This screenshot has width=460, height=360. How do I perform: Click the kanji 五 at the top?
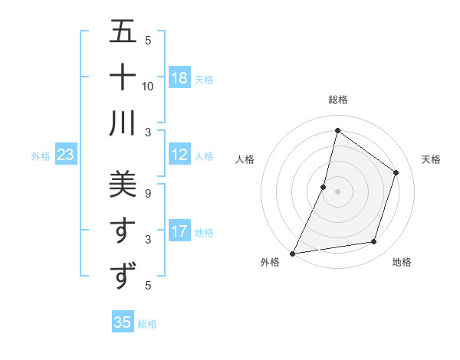pyautogui.click(x=123, y=32)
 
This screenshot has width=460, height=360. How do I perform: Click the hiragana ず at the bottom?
pyautogui.click(x=123, y=275)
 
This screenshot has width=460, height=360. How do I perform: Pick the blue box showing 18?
pyautogui.click(x=179, y=78)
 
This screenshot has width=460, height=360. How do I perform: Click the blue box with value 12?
pyautogui.click(x=179, y=155)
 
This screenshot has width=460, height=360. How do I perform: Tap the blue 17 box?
pyautogui.click(x=179, y=231)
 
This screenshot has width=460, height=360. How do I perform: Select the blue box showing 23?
pyautogui.click(x=66, y=155)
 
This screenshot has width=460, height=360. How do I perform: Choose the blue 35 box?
pyautogui.click(x=123, y=322)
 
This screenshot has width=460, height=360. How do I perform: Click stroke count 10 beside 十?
pyautogui.click(x=148, y=86)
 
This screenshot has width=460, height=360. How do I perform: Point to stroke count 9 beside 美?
pyautogui.click(x=147, y=193)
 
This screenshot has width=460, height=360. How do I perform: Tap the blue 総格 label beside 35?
pyautogui.click(x=147, y=324)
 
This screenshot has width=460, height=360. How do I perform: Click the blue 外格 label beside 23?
pyautogui.click(x=41, y=156)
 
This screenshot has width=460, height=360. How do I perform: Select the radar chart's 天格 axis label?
pyautogui.click(x=431, y=159)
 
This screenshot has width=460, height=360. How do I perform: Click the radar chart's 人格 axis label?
pyautogui.click(x=245, y=159)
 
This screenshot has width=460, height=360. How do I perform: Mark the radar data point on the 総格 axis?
pyautogui.click(x=337, y=130)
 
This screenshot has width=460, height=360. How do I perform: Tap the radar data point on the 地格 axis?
pyautogui.click(x=374, y=242)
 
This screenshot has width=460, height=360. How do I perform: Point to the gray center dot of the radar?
pyautogui.click(x=337, y=191)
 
